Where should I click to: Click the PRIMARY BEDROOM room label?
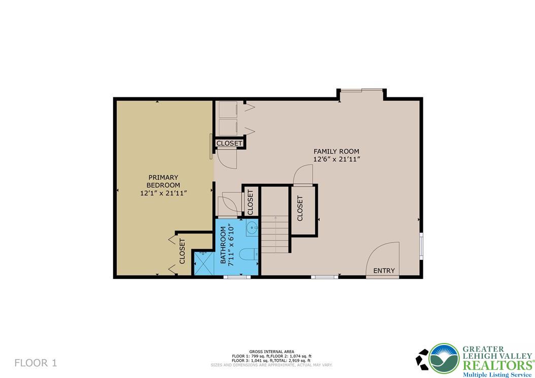pos(163,181)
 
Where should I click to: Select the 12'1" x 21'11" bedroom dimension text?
pos(163,193)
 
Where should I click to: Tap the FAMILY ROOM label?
pos(336,151)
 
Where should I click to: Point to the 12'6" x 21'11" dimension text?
pos(336,159)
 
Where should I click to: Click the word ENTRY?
pos(384,271)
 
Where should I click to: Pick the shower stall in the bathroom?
pos(205,264)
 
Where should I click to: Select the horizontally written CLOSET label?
pos(229,144)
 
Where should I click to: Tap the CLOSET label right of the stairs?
pos(300,208)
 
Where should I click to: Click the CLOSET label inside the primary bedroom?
pos(182,251)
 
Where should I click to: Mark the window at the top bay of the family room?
pos(361,91)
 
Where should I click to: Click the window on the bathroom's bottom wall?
pos(237,277)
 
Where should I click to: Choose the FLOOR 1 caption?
pos(36,363)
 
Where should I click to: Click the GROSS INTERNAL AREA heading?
pos(272,352)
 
